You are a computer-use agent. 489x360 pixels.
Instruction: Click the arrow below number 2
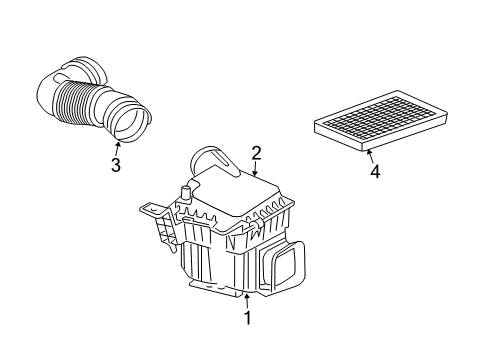pyautogui.click(x=254, y=172)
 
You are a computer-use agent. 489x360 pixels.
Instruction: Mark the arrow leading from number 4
pyautogui.click(x=368, y=151)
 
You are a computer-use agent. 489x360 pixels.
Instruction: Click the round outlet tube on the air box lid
pyautogui.click(x=210, y=158)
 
